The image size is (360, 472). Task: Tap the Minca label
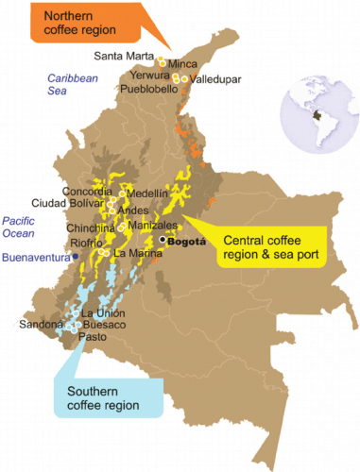[182, 64]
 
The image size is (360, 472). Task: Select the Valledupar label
[216, 78]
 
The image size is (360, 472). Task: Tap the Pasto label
[93, 335]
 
